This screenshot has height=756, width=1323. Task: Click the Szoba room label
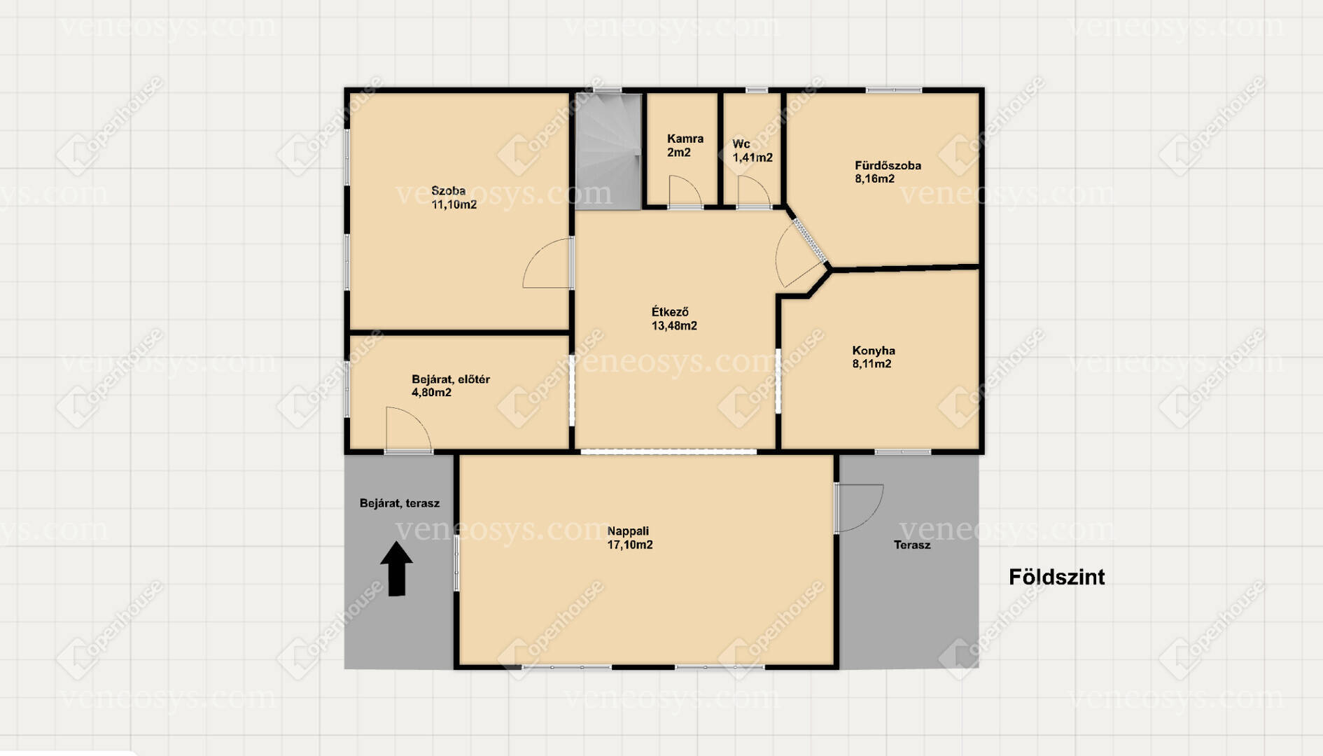coord(448,190)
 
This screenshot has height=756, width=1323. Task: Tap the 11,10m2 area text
coord(454,205)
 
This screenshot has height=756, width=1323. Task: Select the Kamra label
coord(685,139)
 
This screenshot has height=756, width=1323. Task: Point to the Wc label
coord(741,144)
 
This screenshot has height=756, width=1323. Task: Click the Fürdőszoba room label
coord(888,166)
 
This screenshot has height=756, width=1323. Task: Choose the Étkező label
coord(670,312)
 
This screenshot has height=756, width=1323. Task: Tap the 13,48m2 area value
coord(674,326)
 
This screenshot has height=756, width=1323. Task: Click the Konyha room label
coord(874,351)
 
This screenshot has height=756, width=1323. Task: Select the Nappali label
coord(628,531)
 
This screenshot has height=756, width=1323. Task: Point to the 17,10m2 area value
coord(630,545)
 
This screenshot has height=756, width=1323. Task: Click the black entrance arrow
coord(396,568)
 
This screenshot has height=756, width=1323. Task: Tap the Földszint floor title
coord(1056,577)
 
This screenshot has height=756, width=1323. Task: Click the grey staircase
coord(608,151)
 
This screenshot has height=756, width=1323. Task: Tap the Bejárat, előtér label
coord(451,379)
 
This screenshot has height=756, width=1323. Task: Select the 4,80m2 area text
coord(431,393)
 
